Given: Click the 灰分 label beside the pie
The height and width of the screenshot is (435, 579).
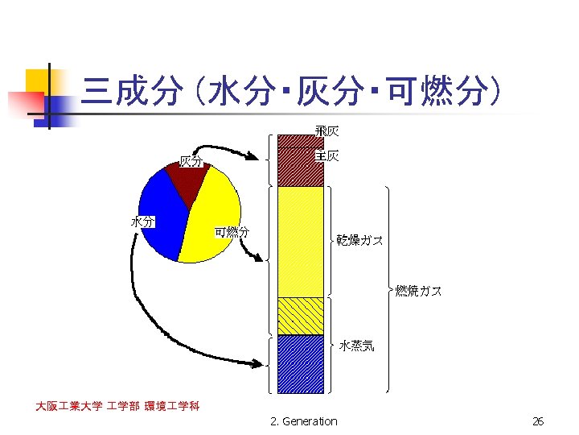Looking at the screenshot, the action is click(191, 162).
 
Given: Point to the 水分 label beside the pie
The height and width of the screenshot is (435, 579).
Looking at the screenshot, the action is click(144, 221).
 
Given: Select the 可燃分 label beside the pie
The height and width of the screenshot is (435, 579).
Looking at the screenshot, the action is click(232, 232).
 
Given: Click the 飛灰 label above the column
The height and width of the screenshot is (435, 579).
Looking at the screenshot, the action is click(326, 131).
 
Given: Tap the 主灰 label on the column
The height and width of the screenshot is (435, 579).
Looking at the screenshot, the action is click(327, 155).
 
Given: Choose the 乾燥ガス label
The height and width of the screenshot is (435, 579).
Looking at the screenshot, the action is click(359, 240).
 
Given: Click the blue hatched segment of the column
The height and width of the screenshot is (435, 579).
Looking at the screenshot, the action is click(300, 363).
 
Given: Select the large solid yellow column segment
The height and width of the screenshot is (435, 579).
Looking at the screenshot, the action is click(300, 242).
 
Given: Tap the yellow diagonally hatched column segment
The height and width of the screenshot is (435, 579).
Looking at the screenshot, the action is click(300, 316).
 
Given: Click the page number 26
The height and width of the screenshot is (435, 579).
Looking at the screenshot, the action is click(538, 421).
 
